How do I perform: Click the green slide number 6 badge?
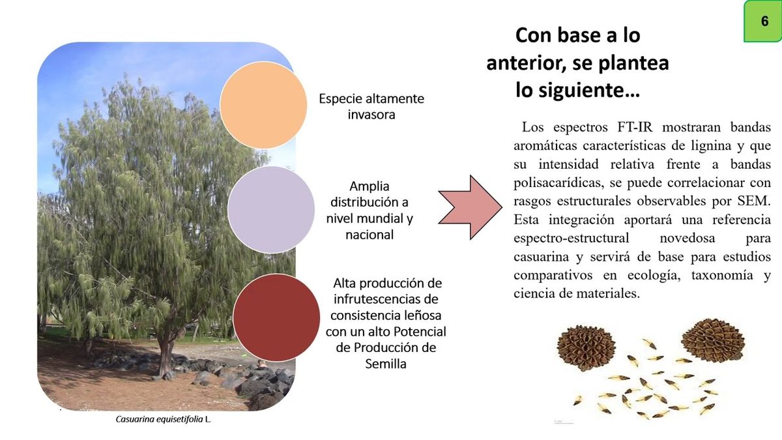(x=764, y=22)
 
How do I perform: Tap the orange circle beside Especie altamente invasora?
(x=264, y=106)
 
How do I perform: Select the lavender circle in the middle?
(x=272, y=209)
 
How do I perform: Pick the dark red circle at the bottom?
(x=277, y=317)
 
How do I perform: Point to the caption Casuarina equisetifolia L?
(x=164, y=420)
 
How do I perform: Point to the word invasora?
(x=371, y=114)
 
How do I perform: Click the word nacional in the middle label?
(x=369, y=234)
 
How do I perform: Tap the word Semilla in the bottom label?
(x=386, y=364)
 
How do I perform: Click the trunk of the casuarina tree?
(x=167, y=352)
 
